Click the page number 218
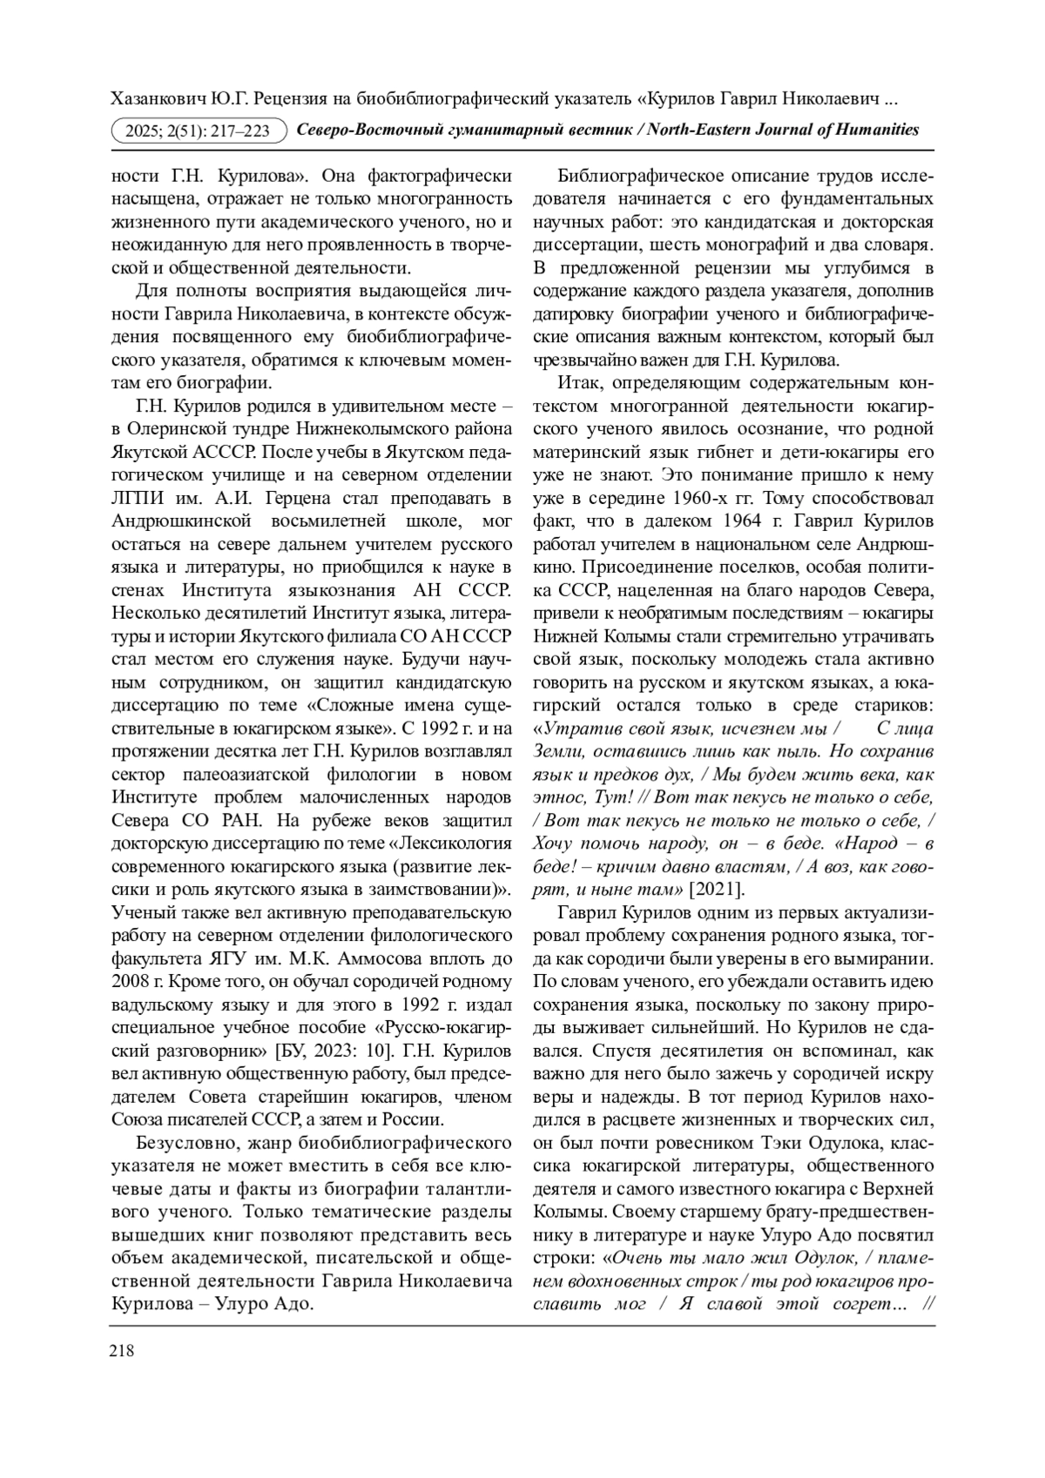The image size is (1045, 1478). click(121, 1351)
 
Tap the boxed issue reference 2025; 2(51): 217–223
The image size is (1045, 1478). click(200, 131)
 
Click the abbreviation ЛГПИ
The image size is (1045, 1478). click(138, 499)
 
